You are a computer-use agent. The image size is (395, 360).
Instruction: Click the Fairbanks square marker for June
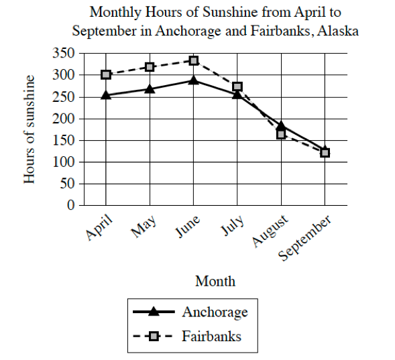[193, 60]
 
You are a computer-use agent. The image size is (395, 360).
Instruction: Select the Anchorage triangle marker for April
[106, 95]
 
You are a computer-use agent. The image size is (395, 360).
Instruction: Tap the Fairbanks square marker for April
[106, 74]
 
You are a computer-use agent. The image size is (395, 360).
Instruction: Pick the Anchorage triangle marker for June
[193, 80]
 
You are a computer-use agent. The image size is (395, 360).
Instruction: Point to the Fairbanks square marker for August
[281, 134]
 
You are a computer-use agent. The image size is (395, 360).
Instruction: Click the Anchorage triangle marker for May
[150, 88]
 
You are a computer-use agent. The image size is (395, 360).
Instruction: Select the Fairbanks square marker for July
[237, 87]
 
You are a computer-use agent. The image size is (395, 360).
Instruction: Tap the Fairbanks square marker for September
[325, 153]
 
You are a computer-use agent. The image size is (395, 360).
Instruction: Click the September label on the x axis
[306, 239]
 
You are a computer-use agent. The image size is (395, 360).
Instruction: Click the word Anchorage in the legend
[215, 312]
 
